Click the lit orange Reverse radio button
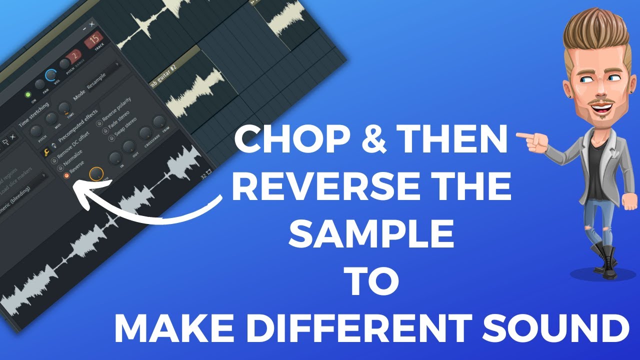65,176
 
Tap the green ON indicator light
28,95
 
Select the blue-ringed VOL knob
50,75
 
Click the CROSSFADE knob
145,132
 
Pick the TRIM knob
159,121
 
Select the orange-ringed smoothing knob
96,174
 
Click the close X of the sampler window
91,24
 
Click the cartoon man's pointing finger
522,135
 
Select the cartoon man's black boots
605,257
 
